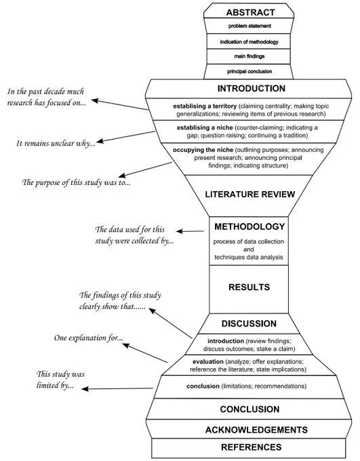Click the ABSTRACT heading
[250, 12]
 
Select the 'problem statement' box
[249, 26]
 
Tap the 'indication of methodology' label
[249, 42]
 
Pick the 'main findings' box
[249, 56]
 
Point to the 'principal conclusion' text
[249, 71]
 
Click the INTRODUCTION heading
[251, 89]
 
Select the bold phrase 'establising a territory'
[205, 106]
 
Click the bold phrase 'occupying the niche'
[203, 150]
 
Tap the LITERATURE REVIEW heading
[250, 195]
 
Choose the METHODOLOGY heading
[249, 226]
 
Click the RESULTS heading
[249, 287]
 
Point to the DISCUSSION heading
[249, 323]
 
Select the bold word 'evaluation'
[208, 361]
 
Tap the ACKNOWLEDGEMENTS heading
[256, 430]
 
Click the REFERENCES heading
[251, 447]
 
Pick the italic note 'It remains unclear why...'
[56, 143]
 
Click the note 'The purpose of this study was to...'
[76, 182]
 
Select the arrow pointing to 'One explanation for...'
[145, 353]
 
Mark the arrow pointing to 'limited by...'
[117, 388]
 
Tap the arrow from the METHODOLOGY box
[191, 231]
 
